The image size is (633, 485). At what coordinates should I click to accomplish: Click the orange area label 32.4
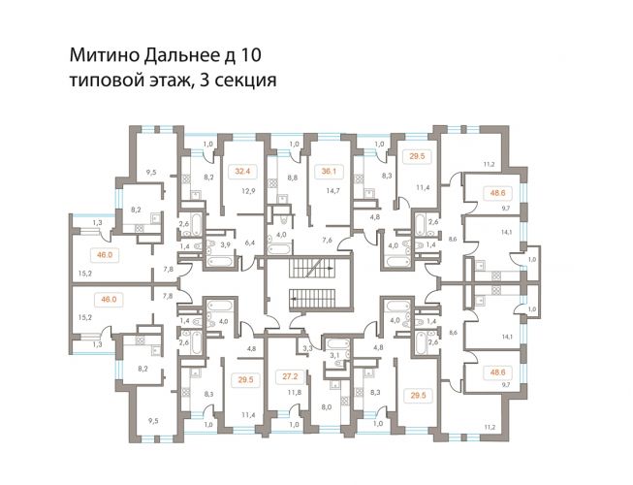pyautogui.click(x=242, y=172)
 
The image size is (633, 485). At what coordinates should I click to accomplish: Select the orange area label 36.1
pyautogui.click(x=329, y=172)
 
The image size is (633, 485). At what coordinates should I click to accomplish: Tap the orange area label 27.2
pyautogui.click(x=290, y=376)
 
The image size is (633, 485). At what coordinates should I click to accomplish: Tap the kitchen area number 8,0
pyautogui.click(x=327, y=407)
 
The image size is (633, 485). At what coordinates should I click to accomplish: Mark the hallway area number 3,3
pyautogui.click(x=307, y=347)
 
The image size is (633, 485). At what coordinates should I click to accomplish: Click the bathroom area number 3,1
pyautogui.click(x=335, y=355)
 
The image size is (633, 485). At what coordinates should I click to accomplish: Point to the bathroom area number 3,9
pyautogui.click(x=225, y=244)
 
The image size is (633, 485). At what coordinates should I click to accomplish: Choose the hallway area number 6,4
pyautogui.click(x=250, y=242)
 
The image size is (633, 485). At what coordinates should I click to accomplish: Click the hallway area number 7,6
pyautogui.click(x=328, y=241)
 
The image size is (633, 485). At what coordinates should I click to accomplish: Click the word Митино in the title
pyautogui.click(x=104, y=55)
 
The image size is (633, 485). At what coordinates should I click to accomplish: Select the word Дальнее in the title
pyautogui.click(x=179, y=56)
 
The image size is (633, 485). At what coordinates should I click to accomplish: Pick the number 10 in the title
pyautogui.click(x=251, y=55)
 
